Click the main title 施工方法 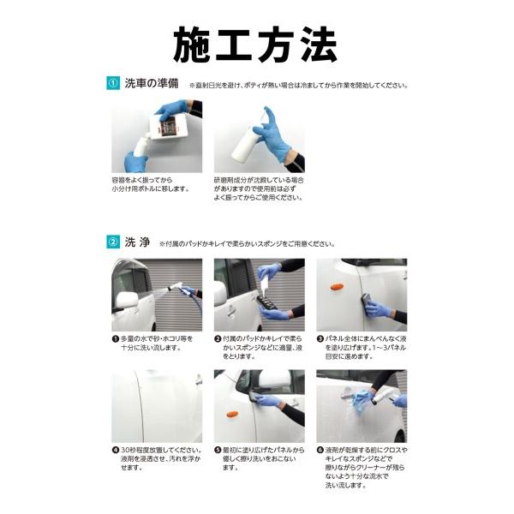point(255,45)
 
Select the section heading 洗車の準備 point(152,84)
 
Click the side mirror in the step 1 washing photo point(128,301)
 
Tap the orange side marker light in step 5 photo point(230,415)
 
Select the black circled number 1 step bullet point(115,339)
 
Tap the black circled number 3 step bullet point(320,339)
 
